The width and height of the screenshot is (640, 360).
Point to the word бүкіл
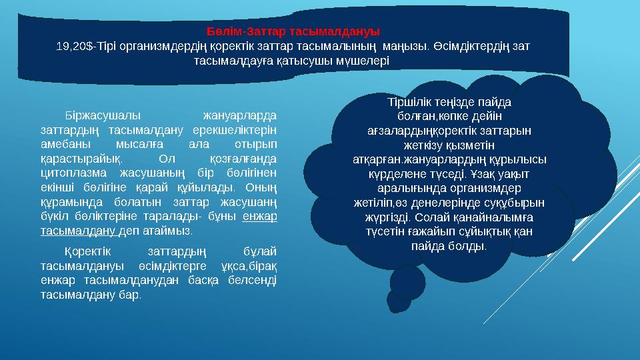tap(53, 217)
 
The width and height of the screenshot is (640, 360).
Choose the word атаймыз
tap(170, 231)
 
